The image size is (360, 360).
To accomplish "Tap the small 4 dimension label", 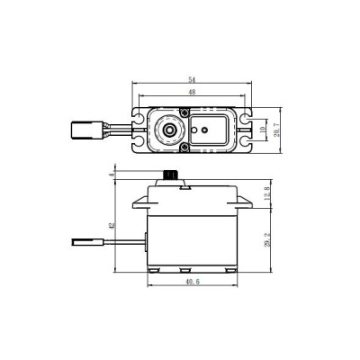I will [x=112, y=173].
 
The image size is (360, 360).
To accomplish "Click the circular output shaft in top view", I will [x=167, y=130].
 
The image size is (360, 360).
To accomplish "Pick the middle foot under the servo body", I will [x=193, y=272].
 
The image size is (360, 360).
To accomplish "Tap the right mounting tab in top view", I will [x=245, y=130].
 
